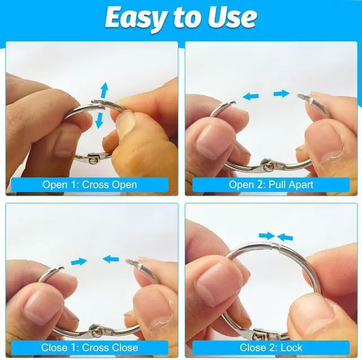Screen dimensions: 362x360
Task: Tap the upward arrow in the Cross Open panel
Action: [x=104, y=91]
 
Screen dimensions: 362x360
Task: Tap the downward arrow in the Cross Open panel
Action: [x=100, y=120]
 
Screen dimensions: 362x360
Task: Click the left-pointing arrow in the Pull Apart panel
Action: [x=251, y=97]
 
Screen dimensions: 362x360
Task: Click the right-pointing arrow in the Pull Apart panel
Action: [x=281, y=94]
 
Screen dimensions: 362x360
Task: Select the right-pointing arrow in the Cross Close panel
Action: [x=79, y=262]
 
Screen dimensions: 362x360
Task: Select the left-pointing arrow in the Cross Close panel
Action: [x=111, y=259]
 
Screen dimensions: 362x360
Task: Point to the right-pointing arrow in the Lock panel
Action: [x=267, y=235]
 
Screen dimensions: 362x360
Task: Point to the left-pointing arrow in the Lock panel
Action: [x=285, y=237]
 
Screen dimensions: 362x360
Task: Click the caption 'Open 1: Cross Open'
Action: [x=89, y=185]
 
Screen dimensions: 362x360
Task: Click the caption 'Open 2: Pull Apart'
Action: [x=271, y=185]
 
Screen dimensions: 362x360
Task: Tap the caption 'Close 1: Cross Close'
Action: [x=89, y=348]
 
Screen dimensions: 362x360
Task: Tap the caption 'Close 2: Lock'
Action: [x=271, y=348]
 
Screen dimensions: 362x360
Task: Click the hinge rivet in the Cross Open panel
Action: [x=92, y=160]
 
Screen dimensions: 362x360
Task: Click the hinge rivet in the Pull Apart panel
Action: [x=268, y=167]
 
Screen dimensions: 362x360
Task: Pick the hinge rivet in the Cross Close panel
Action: [x=96, y=332]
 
